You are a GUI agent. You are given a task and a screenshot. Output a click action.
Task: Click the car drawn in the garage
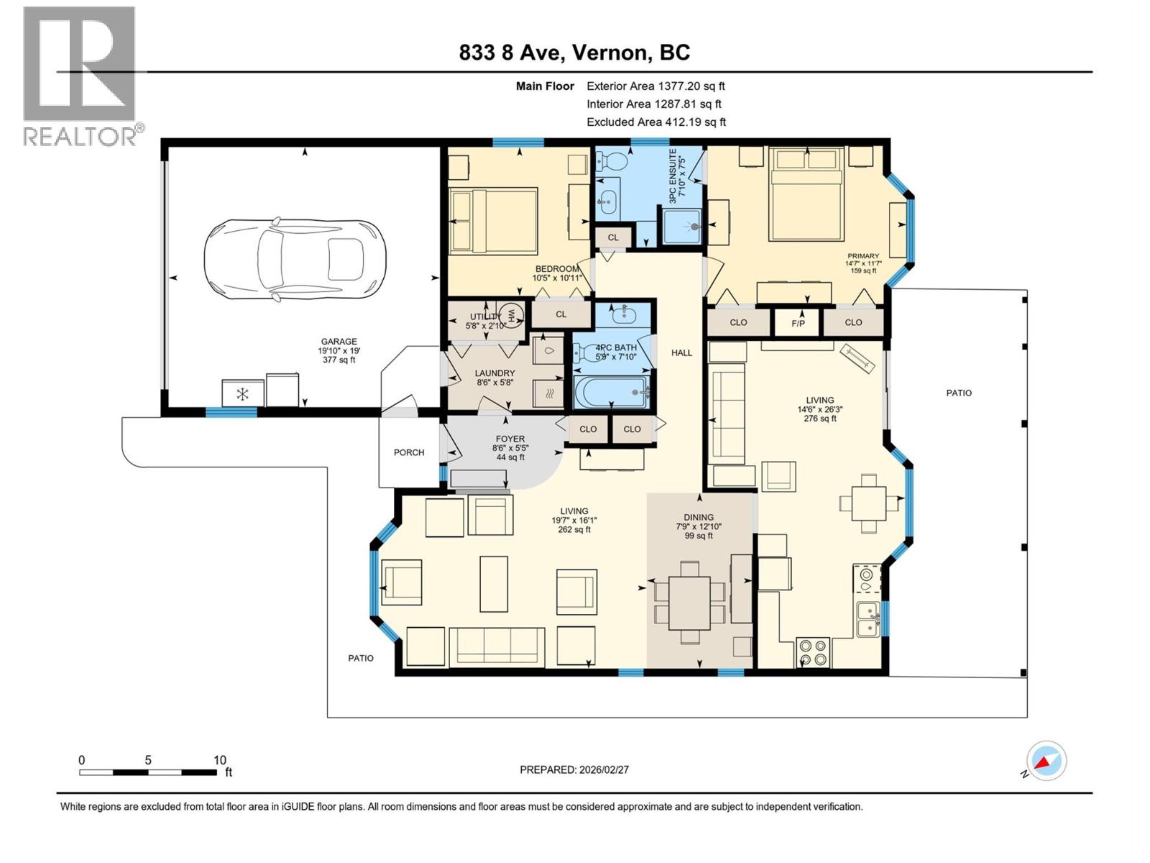coord(295,258)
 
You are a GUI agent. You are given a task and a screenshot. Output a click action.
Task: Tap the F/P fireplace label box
coord(798,323)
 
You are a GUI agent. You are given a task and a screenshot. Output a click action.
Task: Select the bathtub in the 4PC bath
coord(611,392)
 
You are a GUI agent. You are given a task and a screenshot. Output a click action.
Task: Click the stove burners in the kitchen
coord(813,652)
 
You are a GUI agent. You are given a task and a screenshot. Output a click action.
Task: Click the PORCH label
coord(409,452)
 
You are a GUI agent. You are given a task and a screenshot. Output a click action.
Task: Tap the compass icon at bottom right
coord(1046,761)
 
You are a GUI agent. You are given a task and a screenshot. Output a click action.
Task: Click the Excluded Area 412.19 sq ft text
coord(655,122)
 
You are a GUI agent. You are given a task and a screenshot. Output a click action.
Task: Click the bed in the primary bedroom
coord(806,194)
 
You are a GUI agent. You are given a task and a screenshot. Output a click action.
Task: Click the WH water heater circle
coord(511,316)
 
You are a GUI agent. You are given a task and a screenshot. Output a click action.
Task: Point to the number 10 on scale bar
coord(219,760)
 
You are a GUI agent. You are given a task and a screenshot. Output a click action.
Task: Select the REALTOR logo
coord(80,76)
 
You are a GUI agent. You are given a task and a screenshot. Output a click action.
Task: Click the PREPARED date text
coord(574,770)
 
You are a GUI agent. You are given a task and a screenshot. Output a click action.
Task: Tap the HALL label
coord(681,352)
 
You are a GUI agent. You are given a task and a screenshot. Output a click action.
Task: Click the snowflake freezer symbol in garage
coord(243,394)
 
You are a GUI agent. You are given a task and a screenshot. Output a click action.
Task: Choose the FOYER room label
coord(510,439)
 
